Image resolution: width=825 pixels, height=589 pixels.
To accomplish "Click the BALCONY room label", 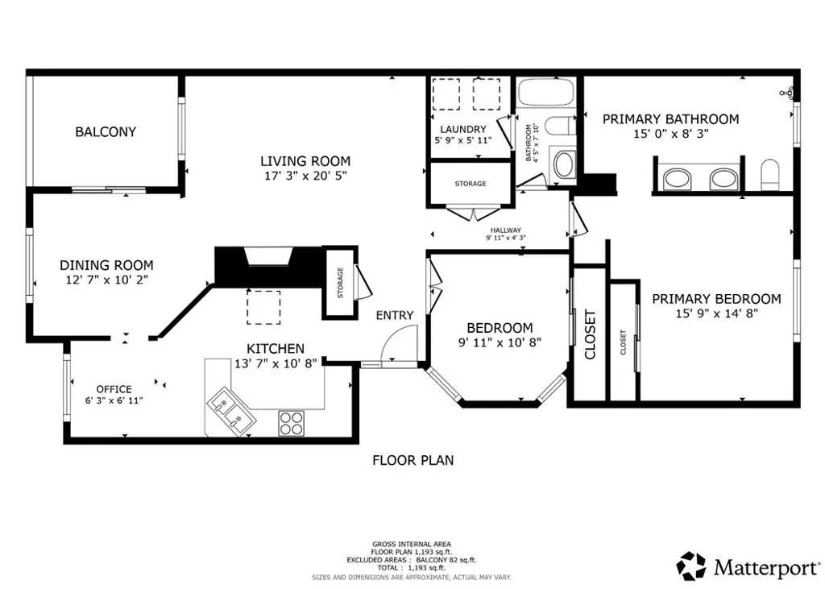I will coord(106,131).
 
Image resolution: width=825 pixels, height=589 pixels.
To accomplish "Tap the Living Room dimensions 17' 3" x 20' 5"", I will coord(305,175).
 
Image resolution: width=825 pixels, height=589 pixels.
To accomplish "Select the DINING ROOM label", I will coord(106,265).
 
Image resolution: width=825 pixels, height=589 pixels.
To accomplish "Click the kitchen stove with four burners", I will coord(290,423).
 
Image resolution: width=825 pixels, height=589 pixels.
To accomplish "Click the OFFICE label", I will coord(114,389).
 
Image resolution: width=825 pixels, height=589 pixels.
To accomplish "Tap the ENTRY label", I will coord(395,315).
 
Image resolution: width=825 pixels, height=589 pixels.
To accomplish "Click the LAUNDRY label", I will coord(463,129).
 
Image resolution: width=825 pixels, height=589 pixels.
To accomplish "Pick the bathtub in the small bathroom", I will coord(545,92).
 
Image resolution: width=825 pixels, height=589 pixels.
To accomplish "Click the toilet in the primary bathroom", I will coord(771,174).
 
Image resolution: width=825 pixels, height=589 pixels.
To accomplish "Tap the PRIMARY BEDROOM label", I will coord(716,299).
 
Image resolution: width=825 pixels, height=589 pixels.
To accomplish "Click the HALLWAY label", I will coord(505,230).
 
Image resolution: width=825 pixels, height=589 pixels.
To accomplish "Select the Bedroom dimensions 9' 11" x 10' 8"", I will coord(500,342).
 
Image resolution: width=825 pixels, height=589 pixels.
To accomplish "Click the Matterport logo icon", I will coord(691,566).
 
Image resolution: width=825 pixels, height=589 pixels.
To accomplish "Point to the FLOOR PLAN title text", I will coord(412,461).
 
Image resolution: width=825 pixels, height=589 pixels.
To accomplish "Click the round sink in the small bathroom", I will coord(563,164).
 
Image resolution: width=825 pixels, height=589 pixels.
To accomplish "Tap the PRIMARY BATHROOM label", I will coord(670,119).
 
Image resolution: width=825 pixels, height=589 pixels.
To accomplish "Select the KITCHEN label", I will coord(275,349).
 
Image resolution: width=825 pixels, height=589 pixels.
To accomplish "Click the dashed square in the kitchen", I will coord(263,307).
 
